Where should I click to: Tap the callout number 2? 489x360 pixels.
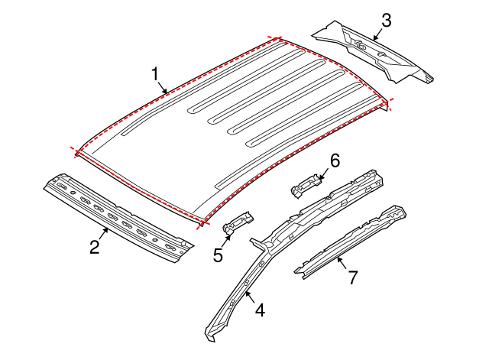[x=94, y=247]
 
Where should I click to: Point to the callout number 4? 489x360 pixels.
[x=260, y=310]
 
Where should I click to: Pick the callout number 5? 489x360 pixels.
[x=219, y=255]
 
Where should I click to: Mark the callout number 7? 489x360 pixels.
[x=352, y=277]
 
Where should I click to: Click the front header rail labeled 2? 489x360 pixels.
[x=115, y=218]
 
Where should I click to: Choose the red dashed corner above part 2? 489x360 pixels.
[x=78, y=151]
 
